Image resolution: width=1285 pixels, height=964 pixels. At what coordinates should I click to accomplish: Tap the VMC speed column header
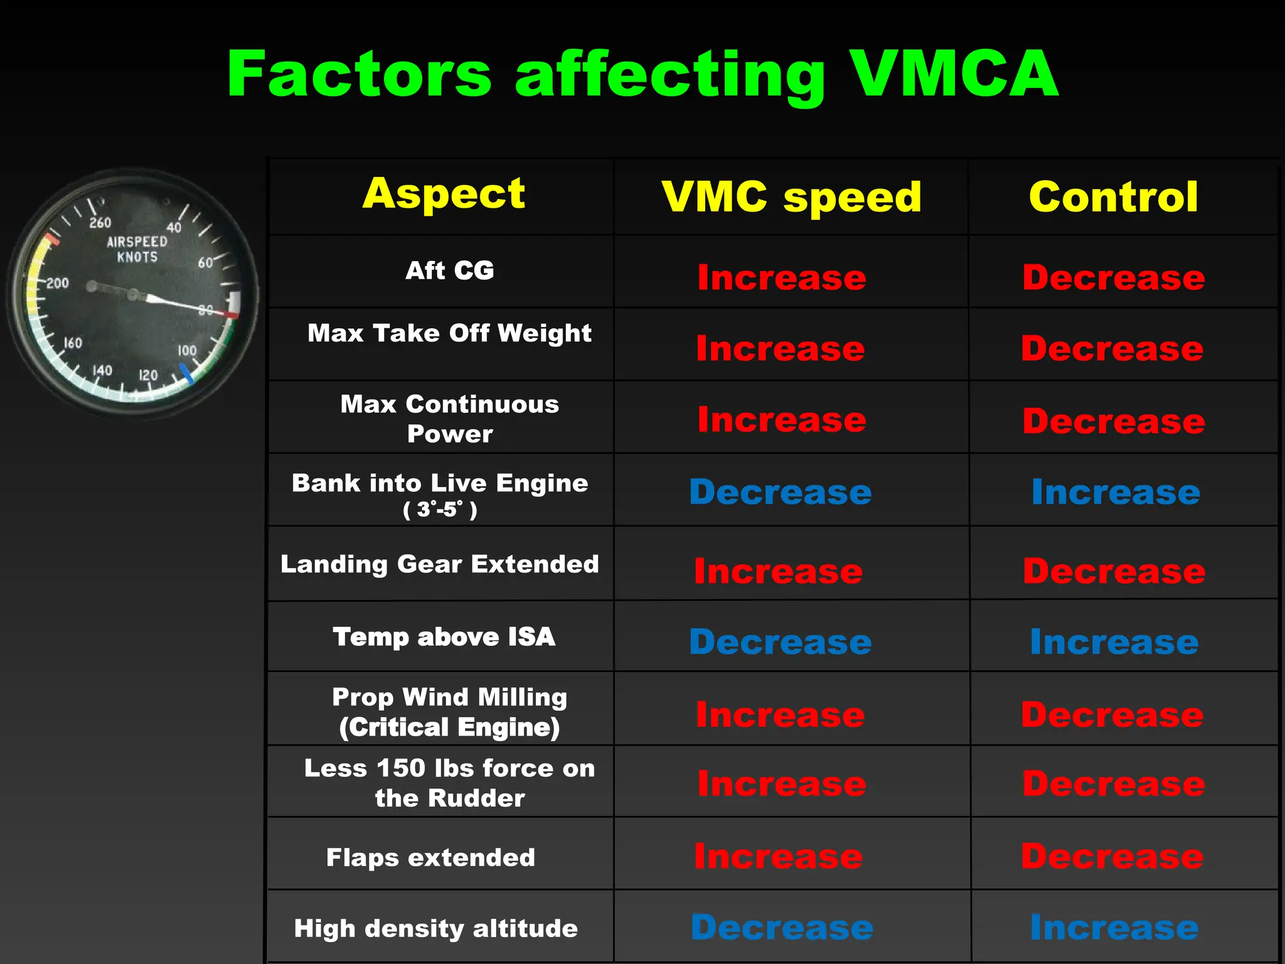coord(791,197)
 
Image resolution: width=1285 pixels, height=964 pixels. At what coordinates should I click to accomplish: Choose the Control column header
coord(1114,197)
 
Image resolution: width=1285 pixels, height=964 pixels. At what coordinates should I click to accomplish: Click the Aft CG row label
coord(449,270)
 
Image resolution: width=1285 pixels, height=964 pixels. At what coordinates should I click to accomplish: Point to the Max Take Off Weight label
coord(449,333)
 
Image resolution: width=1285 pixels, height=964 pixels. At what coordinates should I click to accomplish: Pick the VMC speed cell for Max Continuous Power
coord(782,419)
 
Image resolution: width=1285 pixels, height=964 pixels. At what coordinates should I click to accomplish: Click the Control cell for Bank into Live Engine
coord(1116,492)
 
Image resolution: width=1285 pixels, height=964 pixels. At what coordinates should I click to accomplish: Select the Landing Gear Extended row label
coord(439,564)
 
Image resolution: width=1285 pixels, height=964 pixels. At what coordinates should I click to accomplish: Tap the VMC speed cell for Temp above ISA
coord(781,642)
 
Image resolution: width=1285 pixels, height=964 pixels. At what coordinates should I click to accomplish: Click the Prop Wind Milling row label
coord(449,712)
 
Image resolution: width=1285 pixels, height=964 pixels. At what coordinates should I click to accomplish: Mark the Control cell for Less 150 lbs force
coord(1114,784)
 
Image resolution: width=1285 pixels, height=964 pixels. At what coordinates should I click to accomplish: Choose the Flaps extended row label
coord(430,857)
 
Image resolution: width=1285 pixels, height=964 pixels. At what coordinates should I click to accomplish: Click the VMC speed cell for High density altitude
coord(782,928)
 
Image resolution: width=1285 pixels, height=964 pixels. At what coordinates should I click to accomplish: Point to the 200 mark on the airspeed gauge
coord(57,283)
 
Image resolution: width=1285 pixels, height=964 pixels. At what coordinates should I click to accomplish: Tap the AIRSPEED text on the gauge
coord(137,242)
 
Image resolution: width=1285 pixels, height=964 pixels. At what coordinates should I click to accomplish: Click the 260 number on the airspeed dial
coord(100,223)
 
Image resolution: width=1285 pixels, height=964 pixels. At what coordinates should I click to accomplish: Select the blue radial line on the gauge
coord(186,374)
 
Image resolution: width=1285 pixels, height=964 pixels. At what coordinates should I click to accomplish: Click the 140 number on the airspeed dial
coord(102,370)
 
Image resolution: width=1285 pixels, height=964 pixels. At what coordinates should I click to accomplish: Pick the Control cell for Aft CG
coord(1114,277)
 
